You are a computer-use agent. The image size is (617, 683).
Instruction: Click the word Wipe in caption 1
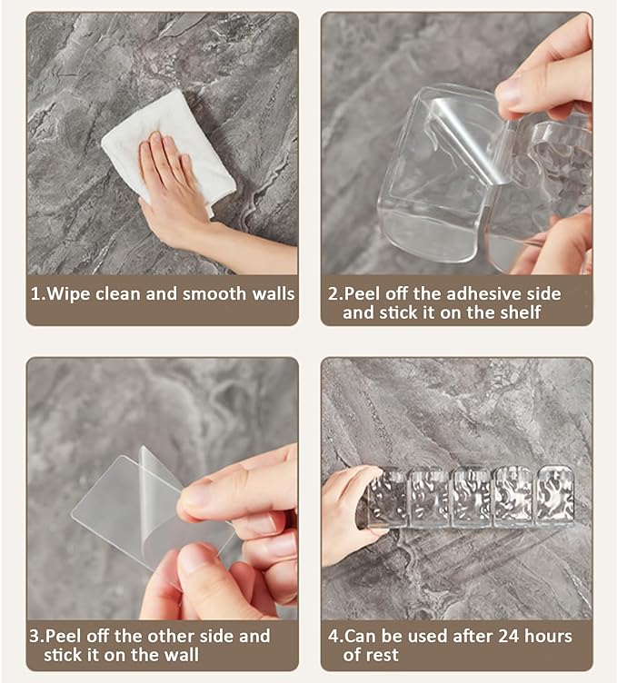tap(68, 294)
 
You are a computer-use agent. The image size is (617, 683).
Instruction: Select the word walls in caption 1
tap(274, 294)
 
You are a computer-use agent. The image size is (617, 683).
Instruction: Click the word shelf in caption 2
tap(521, 312)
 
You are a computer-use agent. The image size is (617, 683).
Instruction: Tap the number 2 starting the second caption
tap(333, 294)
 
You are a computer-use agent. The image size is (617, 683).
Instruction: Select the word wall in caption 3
tap(181, 655)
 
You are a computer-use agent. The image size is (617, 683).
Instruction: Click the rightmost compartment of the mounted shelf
tap(554, 495)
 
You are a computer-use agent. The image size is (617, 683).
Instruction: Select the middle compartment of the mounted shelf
tap(471, 497)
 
